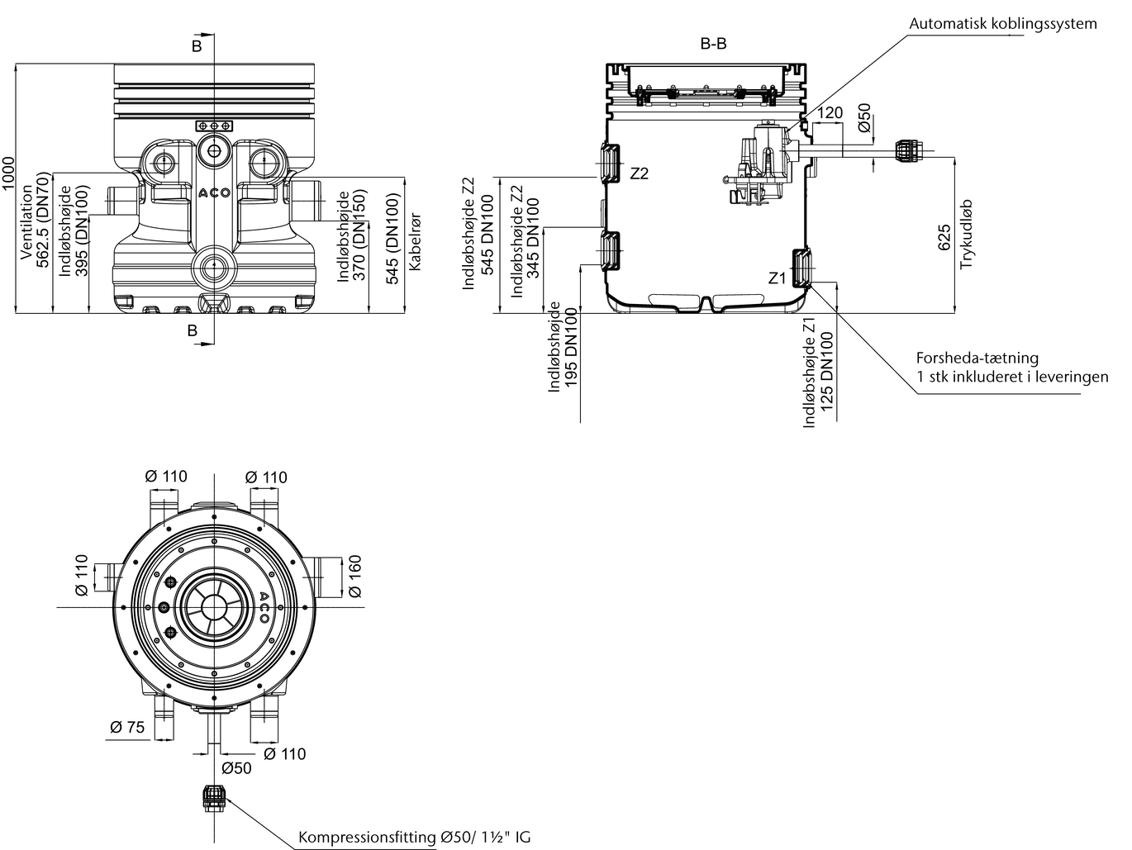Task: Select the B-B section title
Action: point(713,44)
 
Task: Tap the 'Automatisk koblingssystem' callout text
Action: point(1002,23)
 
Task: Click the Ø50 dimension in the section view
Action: point(864,120)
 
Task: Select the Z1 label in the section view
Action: point(777,278)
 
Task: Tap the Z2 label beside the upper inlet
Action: point(640,173)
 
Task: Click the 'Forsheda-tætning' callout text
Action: point(977,359)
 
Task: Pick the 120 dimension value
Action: point(830,113)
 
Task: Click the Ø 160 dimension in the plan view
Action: point(354,576)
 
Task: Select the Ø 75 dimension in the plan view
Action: point(126,727)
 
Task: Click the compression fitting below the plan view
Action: point(214,797)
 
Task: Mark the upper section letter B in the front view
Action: point(197,46)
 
